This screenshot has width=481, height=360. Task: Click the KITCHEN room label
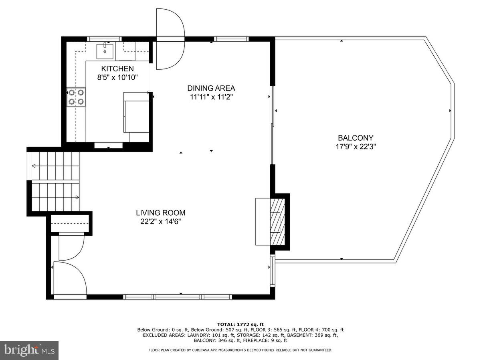[117, 69]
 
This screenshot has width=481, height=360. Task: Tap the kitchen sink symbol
[105, 51]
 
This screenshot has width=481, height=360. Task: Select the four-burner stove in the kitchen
[76, 97]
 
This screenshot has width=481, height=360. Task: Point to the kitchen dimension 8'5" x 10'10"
[117, 78]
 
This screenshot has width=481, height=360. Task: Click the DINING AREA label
[211, 88]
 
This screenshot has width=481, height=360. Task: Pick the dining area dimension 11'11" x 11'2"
[211, 97]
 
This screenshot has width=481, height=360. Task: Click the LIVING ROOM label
[160, 213]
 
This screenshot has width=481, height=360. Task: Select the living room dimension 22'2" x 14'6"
[160, 222]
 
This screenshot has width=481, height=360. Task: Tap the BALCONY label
[356, 138]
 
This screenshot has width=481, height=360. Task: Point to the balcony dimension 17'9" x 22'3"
[356, 147]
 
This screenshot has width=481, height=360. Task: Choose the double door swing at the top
[170, 39]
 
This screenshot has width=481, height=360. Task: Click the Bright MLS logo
[29, 350]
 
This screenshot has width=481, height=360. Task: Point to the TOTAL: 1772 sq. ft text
[240, 324]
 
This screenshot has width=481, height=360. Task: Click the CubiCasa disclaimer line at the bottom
[240, 350]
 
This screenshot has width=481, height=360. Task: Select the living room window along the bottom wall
[178, 297]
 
